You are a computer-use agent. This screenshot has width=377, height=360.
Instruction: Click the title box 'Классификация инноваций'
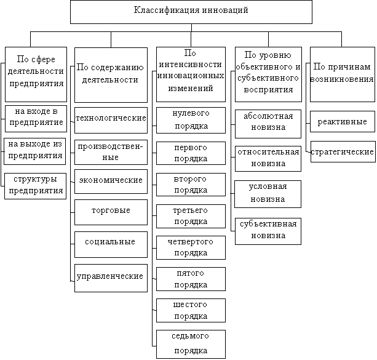[x=191, y=12]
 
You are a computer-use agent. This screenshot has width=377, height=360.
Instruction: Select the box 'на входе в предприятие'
[x=36, y=119]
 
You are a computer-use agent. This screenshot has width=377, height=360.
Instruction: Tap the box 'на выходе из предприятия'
[x=35, y=151]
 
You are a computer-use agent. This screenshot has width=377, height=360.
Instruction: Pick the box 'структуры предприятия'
[x=35, y=186]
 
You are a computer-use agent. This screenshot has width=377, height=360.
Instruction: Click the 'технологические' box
[x=111, y=121]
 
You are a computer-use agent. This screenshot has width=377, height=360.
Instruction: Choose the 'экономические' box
[x=111, y=182]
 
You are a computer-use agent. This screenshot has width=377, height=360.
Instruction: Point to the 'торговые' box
[x=111, y=212]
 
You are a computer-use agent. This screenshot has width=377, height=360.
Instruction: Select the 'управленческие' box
[x=111, y=278]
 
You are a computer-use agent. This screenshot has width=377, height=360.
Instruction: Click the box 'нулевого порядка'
[x=191, y=121]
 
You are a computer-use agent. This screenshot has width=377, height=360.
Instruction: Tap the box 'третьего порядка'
[x=191, y=217]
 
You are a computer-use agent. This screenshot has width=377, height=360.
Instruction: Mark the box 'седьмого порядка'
[x=191, y=345]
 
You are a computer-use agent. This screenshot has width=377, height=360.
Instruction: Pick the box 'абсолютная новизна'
[x=268, y=124]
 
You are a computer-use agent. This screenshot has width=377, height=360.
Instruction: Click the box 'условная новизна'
[x=268, y=194]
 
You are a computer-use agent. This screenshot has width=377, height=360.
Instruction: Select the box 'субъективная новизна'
[x=268, y=231]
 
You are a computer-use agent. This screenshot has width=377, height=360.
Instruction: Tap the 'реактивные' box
[x=343, y=121]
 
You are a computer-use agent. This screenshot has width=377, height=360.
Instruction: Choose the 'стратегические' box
[x=343, y=151]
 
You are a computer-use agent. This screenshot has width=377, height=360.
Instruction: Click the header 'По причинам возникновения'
[x=343, y=74]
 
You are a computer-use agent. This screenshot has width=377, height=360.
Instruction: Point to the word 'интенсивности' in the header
[x=191, y=65]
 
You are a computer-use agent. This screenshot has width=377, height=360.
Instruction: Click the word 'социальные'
[x=110, y=242]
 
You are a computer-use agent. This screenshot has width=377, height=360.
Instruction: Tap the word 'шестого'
[x=190, y=305]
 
